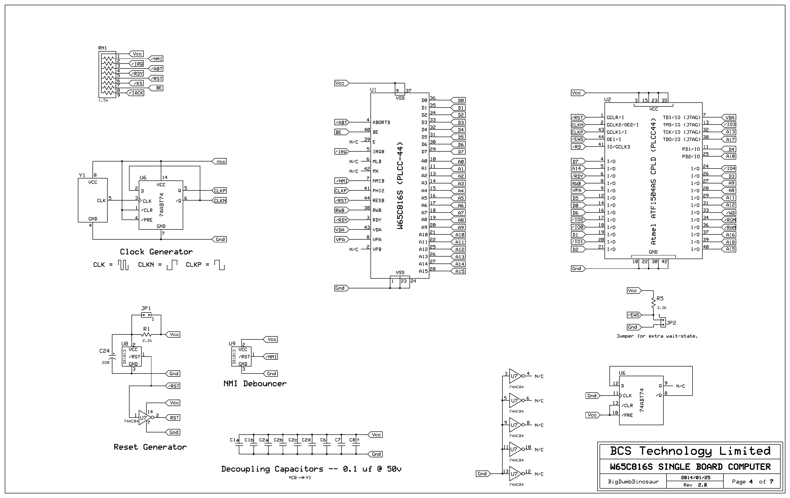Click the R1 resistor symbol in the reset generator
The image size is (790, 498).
coord(146,334)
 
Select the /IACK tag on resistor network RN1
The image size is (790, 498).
coord(136,93)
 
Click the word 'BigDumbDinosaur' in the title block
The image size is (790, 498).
coord(633,482)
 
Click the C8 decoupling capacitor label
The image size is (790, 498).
coord(352,440)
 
